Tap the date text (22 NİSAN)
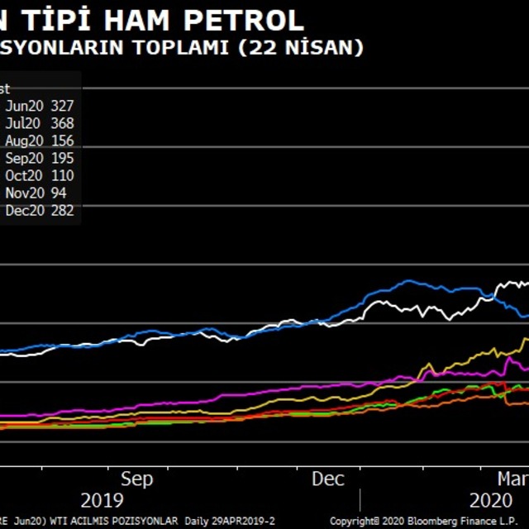click(x=301, y=48)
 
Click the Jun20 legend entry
click(x=23, y=106)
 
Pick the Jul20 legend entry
click(x=22, y=123)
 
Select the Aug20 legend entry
click(x=23, y=141)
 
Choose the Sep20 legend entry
click(x=23, y=159)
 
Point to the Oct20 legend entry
click(x=23, y=176)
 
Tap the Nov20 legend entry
click(x=23, y=193)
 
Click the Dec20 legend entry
click(x=23, y=211)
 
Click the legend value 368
click(x=62, y=123)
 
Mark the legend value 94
click(x=59, y=193)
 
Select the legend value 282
click(x=62, y=211)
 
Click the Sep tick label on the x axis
click(x=137, y=479)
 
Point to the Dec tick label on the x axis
click(x=328, y=479)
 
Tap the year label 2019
click(x=102, y=500)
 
